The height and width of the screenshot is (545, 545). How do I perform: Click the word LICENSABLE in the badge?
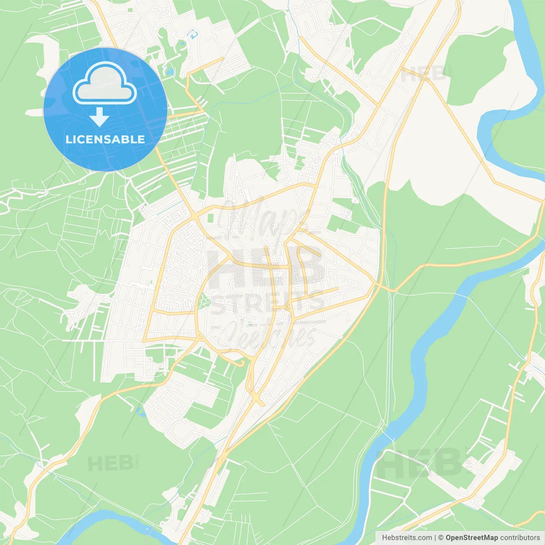pos(105,139)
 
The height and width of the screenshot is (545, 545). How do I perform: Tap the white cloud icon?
pos(105,83)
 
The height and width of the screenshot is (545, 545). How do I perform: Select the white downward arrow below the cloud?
pos(99,117)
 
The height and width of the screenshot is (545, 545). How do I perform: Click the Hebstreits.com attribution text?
pos(407,538)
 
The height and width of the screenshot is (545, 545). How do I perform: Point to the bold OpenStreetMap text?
pos(472,538)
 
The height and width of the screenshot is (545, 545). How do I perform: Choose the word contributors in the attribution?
pos(520,538)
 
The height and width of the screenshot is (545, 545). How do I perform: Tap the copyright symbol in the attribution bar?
pos(441,538)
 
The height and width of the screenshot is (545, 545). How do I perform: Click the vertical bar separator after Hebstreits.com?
pos(435,538)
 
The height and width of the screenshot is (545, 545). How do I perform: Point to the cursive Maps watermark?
pos(264,221)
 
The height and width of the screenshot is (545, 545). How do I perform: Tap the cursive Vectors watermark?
pos(268,334)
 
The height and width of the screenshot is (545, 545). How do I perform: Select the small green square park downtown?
pos(210,218)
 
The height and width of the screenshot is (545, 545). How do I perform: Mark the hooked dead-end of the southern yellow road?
pos(242,363)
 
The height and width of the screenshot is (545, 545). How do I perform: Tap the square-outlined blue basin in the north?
pos(194,34)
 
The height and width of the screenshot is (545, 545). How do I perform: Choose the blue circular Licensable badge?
pos(105,109)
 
